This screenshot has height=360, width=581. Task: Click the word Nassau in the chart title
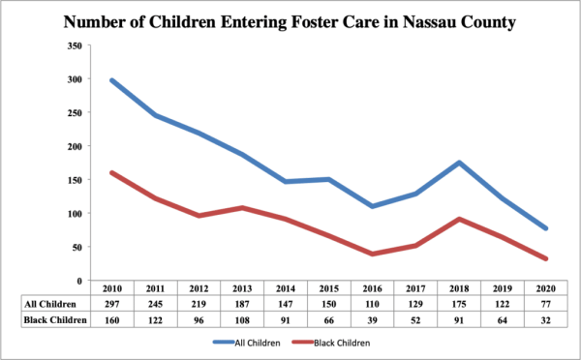click(429, 22)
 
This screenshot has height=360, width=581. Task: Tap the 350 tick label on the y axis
click(75, 45)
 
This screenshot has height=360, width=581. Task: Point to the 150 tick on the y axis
click(75, 180)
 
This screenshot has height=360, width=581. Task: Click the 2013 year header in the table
click(242, 288)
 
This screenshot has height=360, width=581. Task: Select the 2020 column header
click(545, 288)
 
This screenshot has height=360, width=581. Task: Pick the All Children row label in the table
click(50, 304)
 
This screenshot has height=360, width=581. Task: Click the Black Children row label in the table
click(55, 319)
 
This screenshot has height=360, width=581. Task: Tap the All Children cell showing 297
click(112, 304)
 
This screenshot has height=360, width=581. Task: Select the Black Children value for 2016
click(372, 320)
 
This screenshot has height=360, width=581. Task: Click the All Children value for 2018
click(459, 304)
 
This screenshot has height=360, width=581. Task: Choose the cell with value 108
click(242, 320)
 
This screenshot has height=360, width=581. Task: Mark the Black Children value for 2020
click(545, 320)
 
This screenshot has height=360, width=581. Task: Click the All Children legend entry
click(246, 343)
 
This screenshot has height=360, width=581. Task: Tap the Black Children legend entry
click(331, 343)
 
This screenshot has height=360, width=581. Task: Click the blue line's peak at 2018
click(459, 163)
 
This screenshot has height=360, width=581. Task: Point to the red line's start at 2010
click(112, 173)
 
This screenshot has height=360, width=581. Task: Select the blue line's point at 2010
click(112, 80)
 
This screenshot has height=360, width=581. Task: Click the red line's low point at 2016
click(372, 255)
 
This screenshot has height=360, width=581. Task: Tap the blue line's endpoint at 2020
click(545, 228)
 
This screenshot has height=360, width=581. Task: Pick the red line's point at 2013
click(242, 208)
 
